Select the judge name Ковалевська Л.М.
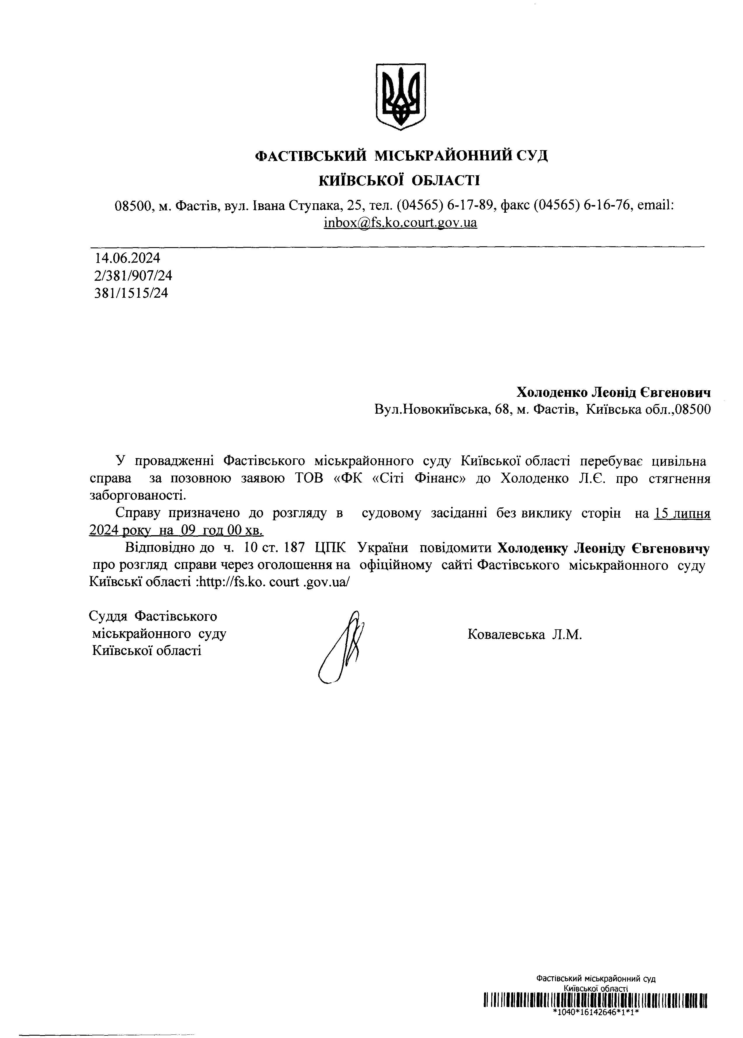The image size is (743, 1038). [524, 634]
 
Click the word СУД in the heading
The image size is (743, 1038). [531, 156]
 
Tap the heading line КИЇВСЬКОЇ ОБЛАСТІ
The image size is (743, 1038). [399, 180]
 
